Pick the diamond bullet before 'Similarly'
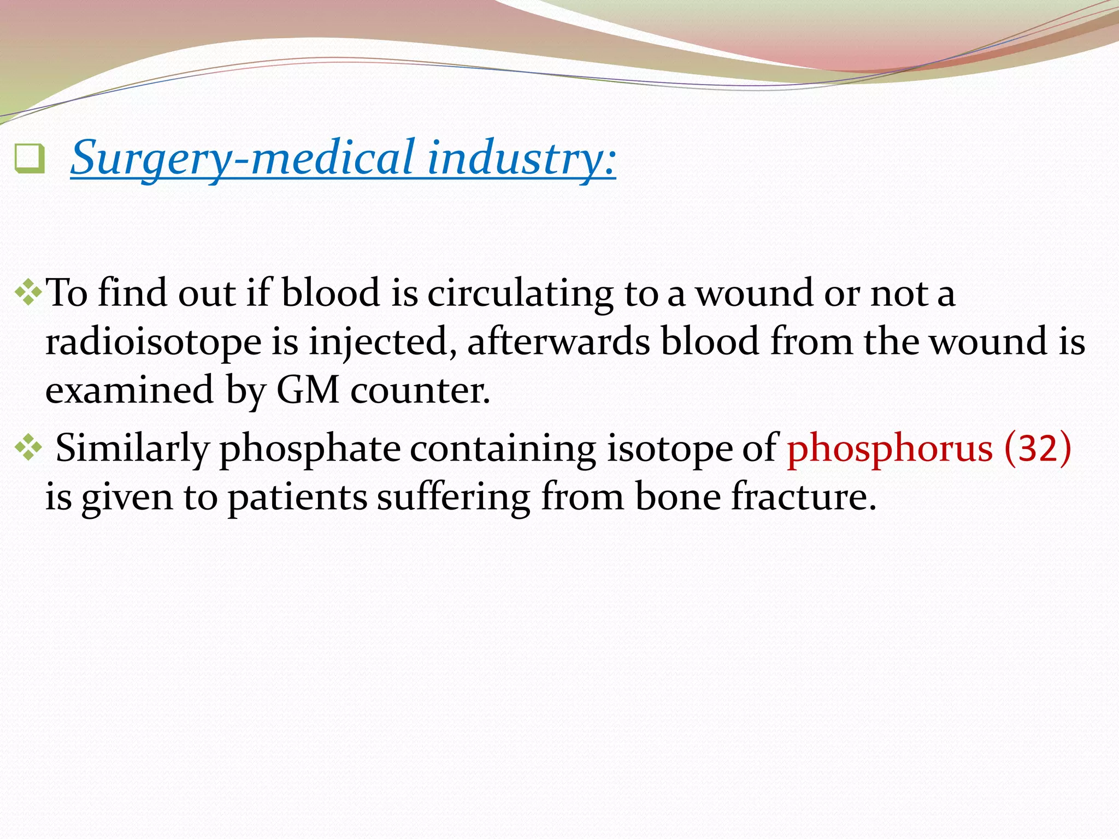[x=28, y=448]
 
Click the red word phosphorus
[x=889, y=448]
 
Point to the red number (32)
[x=1037, y=448]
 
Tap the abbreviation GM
[x=308, y=390]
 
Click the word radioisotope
[x=153, y=342]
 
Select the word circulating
[x=520, y=293]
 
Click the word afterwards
[x=558, y=342]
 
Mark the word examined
[x=129, y=390]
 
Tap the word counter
[x=420, y=390]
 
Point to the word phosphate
[x=310, y=448]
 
